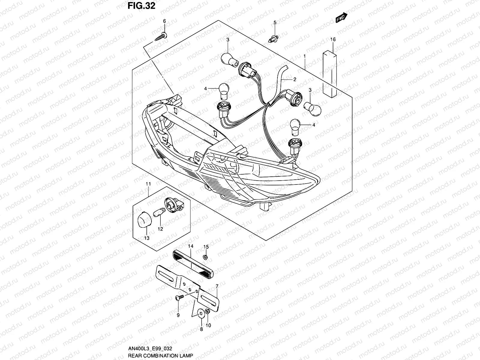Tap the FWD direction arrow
click(x=341, y=18)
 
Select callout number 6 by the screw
click(x=164, y=21)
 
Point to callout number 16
click(x=333, y=39)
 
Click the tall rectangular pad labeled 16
click(x=333, y=73)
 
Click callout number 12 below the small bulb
click(x=160, y=229)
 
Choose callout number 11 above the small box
click(x=148, y=184)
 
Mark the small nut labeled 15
click(x=205, y=257)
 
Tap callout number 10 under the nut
click(x=209, y=325)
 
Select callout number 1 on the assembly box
click(x=304, y=56)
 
